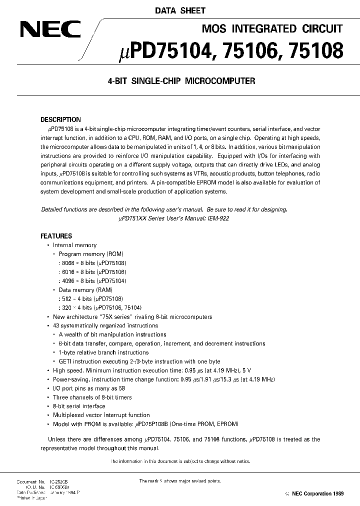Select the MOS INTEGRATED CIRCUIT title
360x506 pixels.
pyautogui.click(x=271, y=28)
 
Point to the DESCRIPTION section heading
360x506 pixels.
pyautogui.click(x=60, y=120)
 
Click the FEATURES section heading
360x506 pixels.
pyautogui.click(x=56, y=236)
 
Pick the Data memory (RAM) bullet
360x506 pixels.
pyautogui.click(x=85, y=290)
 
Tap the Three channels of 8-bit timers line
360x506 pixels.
pyautogui.click(x=92, y=397)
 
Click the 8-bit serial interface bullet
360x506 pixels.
pyautogui.click(x=79, y=406)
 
